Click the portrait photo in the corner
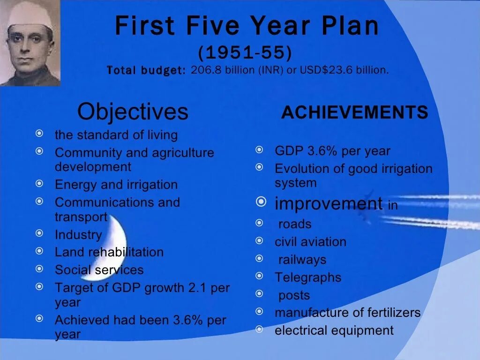point(30,43)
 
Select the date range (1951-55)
point(245,53)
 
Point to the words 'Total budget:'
point(146,71)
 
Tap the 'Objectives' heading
point(133,112)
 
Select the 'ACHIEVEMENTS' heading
point(354,112)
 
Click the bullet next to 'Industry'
point(40,233)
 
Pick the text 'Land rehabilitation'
point(109,252)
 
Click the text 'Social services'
point(99,270)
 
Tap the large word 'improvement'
point(329,204)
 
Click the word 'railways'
point(302,260)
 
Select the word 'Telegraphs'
point(308,277)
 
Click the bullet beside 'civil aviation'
point(260,240)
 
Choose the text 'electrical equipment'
point(334,330)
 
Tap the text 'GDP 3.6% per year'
point(332,151)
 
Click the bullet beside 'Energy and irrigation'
point(40,183)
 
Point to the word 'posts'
point(294,295)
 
